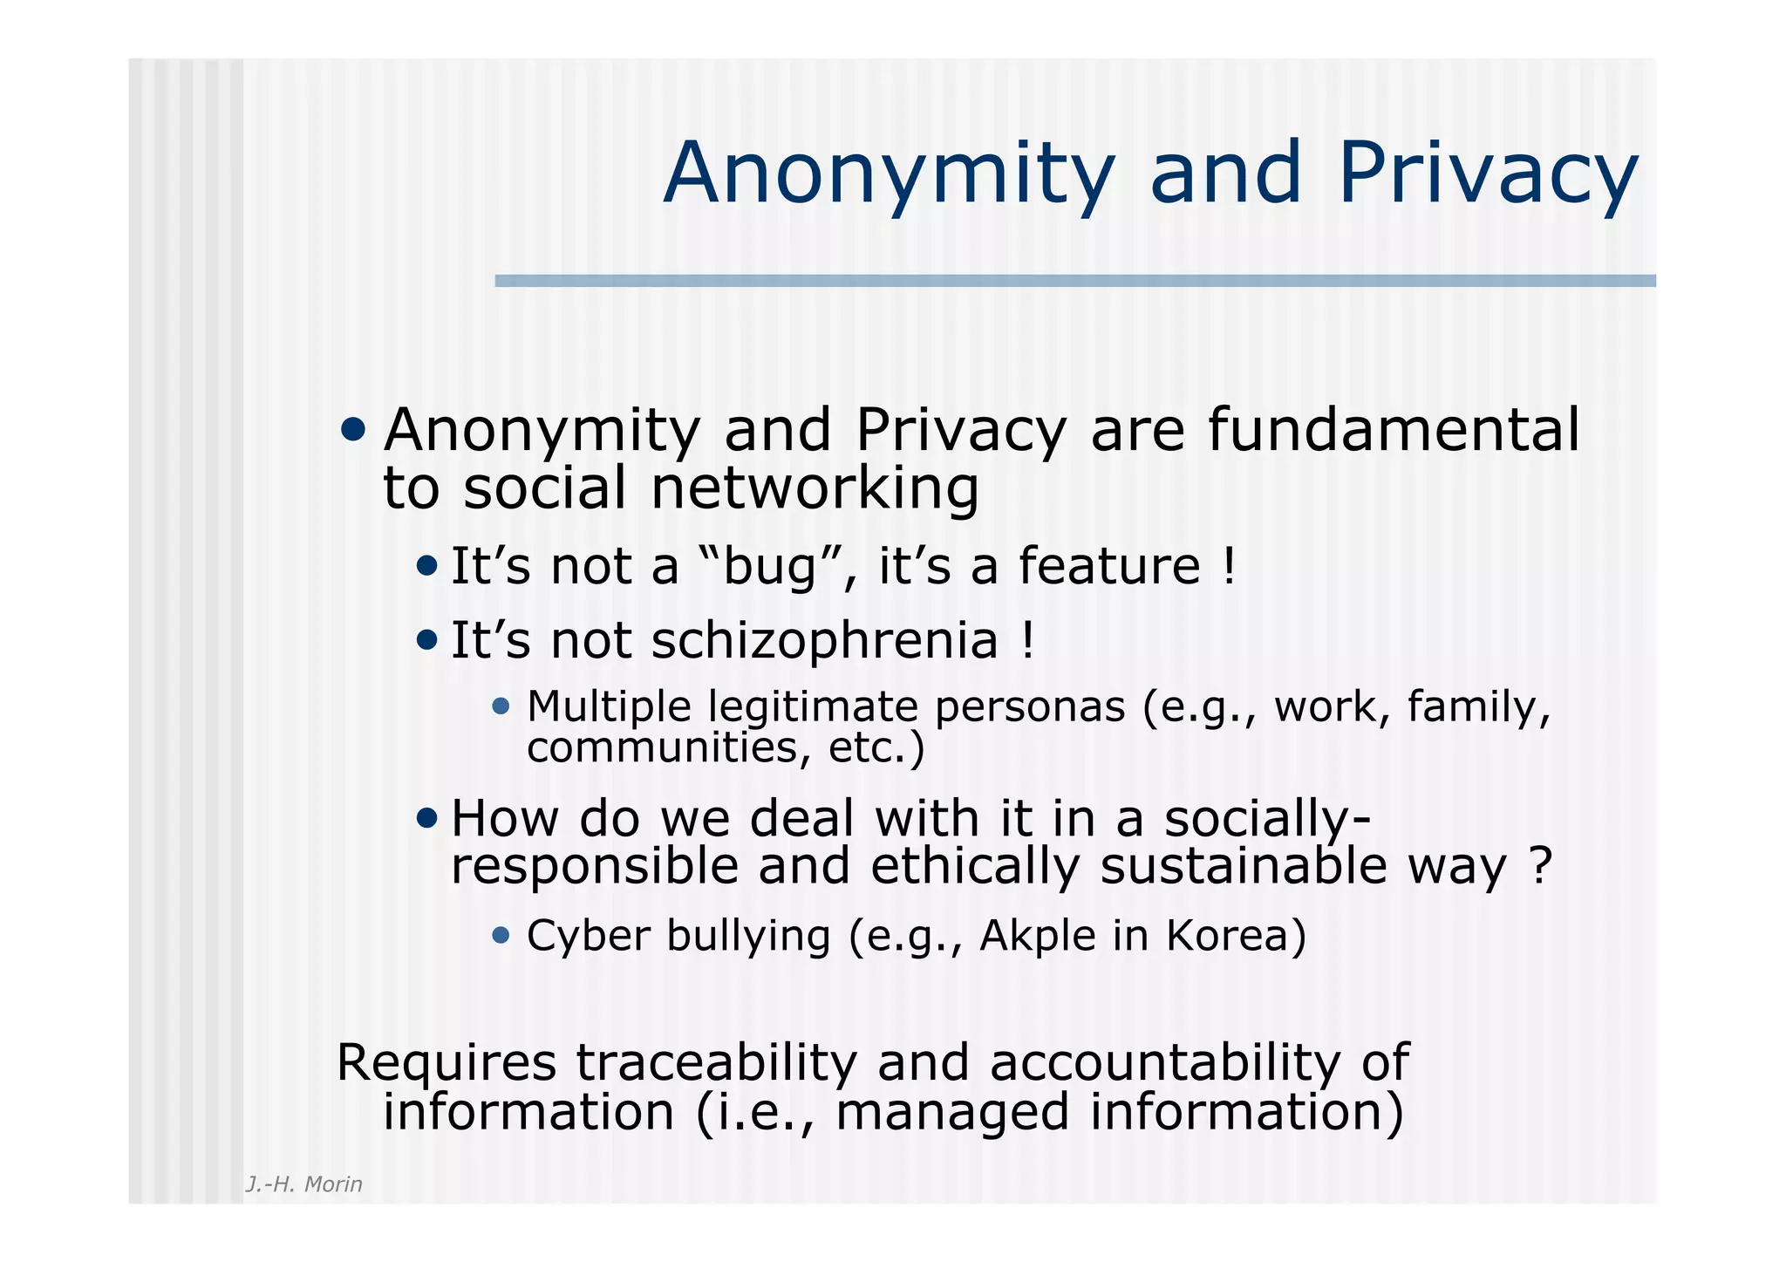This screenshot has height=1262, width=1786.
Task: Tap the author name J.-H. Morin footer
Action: [x=303, y=1184]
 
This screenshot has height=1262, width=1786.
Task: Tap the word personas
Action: [x=1030, y=706]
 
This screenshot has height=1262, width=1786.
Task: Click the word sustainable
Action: [x=1243, y=866]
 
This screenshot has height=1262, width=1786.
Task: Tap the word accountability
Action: [x=1163, y=1063]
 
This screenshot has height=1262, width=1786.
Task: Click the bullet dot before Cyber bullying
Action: [x=501, y=936]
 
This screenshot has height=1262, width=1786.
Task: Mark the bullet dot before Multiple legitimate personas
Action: [x=501, y=706]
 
